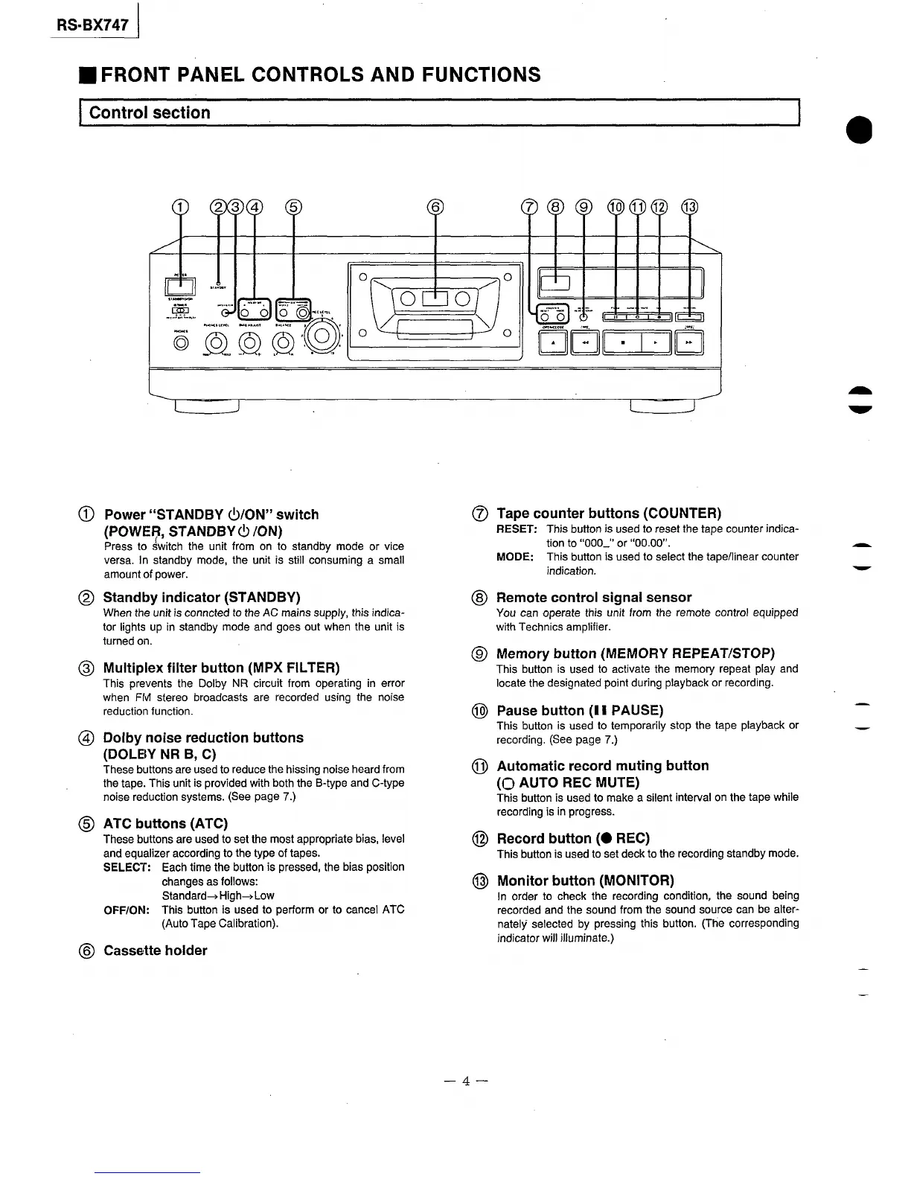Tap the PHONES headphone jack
pyautogui.click(x=180, y=343)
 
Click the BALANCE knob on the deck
pyautogui.click(x=283, y=343)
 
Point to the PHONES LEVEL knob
pyautogui.click(x=216, y=343)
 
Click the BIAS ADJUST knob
pyautogui.click(x=249, y=343)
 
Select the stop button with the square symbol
pyautogui.click(x=621, y=343)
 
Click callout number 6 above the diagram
pyautogui.click(x=435, y=207)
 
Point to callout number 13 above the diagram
pyautogui.click(x=690, y=207)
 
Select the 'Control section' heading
pyautogui.click(x=150, y=113)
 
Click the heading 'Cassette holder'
pyautogui.click(x=155, y=950)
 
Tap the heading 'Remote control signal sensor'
pyautogui.click(x=593, y=597)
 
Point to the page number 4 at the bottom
pyautogui.click(x=465, y=1081)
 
